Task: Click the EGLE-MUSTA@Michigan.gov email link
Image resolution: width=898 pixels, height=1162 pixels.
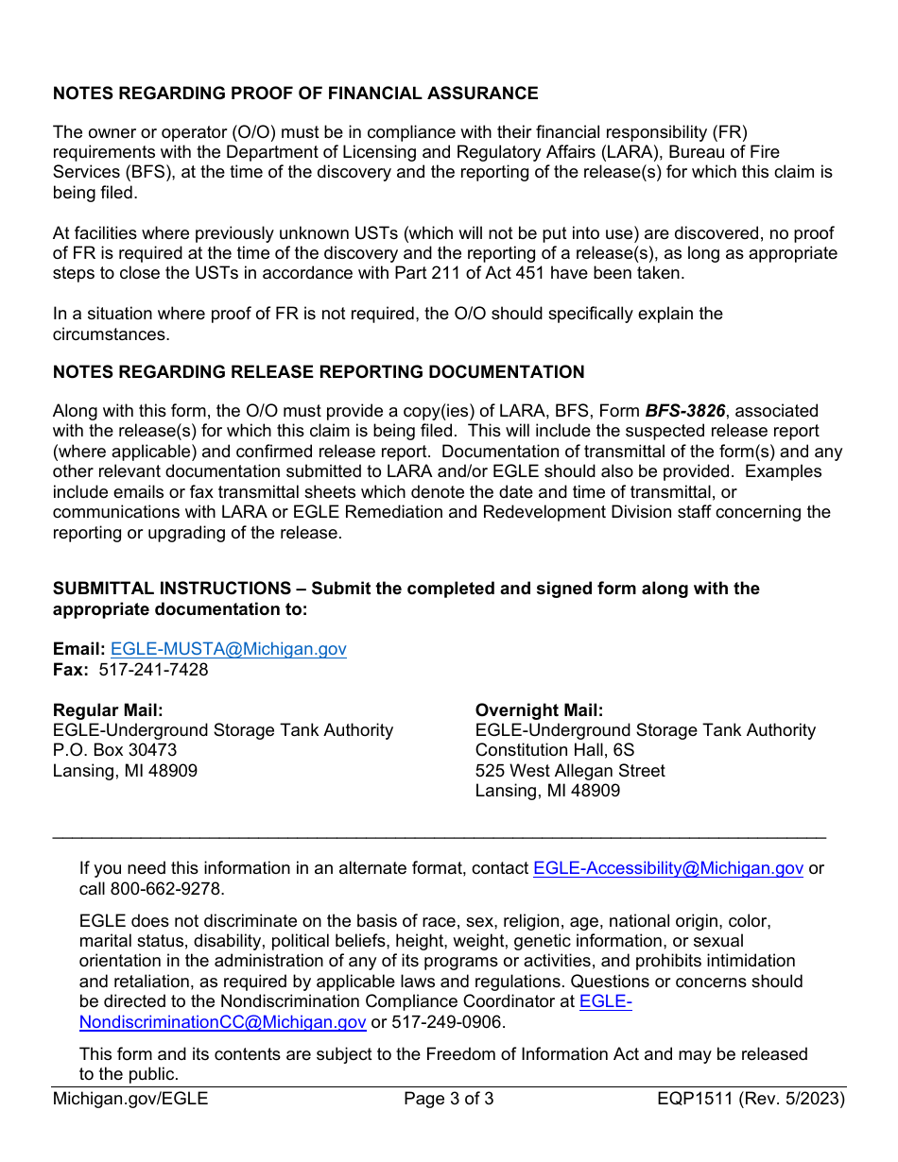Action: (228, 649)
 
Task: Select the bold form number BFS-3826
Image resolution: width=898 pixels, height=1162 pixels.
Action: (685, 411)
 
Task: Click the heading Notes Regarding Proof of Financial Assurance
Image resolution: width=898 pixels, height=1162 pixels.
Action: (295, 94)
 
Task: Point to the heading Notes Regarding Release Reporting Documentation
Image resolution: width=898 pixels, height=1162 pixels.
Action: (319, 372)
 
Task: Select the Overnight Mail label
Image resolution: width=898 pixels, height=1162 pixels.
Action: (539, 710)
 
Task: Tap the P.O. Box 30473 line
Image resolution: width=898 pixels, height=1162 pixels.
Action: (114, 750)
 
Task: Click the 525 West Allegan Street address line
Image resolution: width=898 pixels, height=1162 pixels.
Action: (569, 771)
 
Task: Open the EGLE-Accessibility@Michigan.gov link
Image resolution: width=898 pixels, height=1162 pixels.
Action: (667, 869)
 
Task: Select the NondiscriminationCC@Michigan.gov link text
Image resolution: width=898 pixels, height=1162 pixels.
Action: (222, 1022)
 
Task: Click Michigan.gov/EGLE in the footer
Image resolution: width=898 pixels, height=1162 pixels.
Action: (130, 1099)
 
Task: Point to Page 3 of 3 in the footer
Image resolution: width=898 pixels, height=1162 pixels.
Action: (448, 1099)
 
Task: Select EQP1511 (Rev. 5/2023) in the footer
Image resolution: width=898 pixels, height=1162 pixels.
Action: (751, 1099)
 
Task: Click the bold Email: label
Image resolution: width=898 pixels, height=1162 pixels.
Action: (78, 649)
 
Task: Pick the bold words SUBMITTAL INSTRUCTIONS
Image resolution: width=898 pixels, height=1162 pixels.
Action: (172, 589)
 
